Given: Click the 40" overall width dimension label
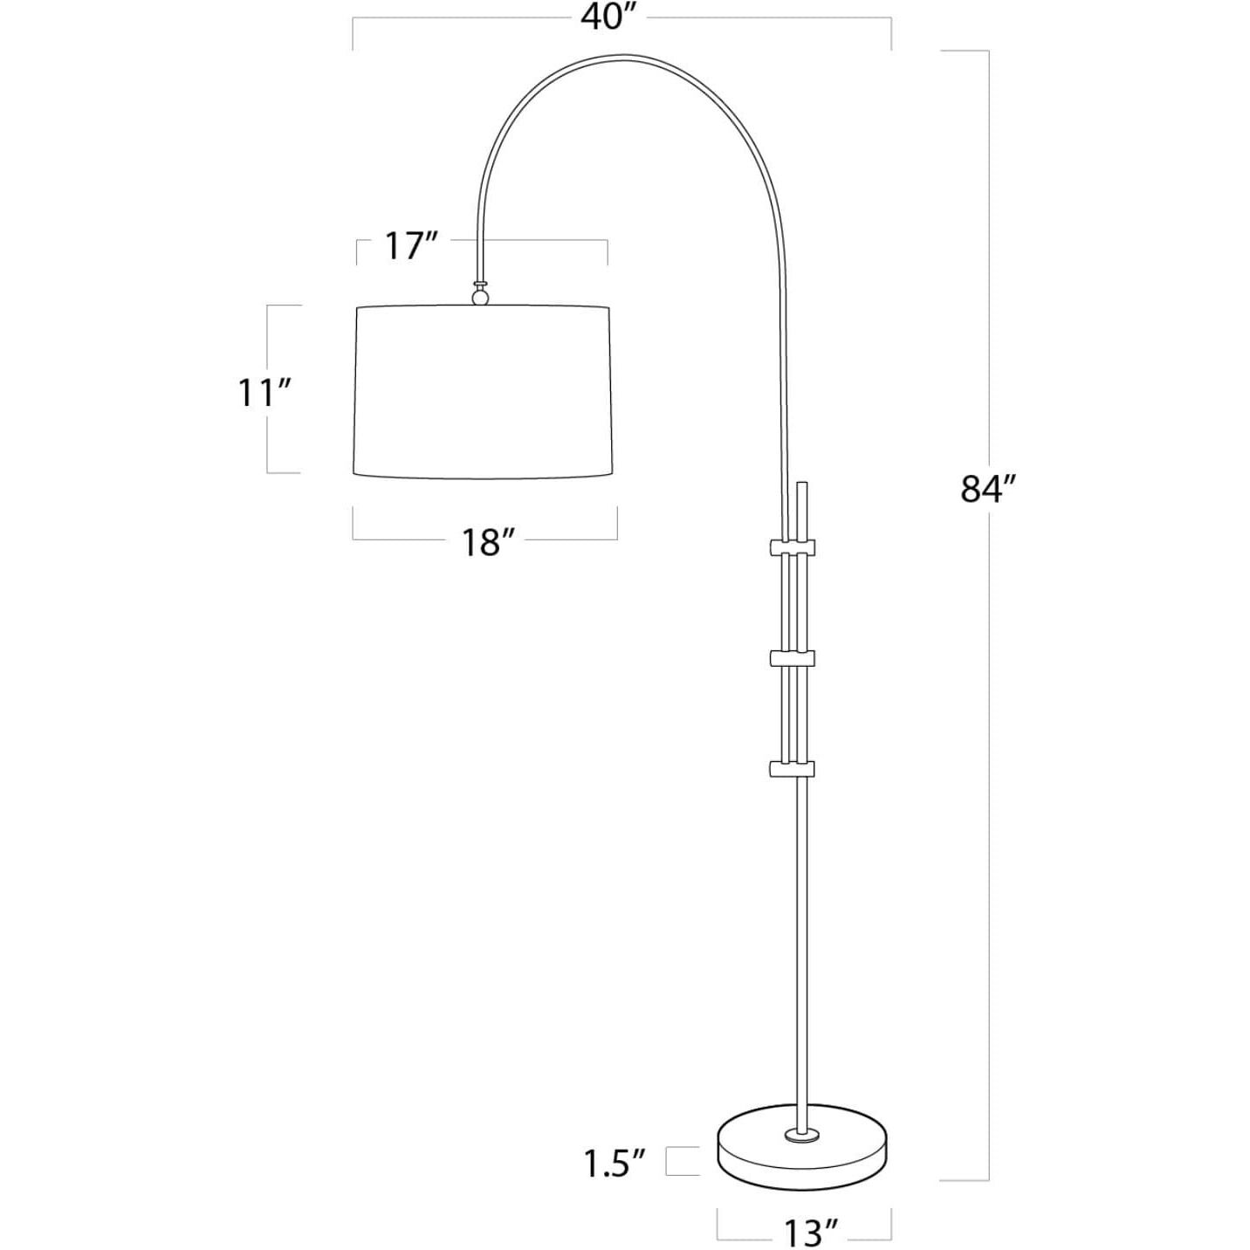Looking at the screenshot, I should click(607, 17).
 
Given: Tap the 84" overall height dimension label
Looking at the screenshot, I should click(989, 490).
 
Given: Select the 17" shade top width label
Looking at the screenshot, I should click(410, 247).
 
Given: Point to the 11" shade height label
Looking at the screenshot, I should click(264, 393).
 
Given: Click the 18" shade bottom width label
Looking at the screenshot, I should click(483, 543).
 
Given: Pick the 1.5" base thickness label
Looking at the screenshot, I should click(615, 1163).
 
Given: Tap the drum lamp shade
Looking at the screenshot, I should click(483, 393).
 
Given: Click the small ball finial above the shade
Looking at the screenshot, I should click(479, 298).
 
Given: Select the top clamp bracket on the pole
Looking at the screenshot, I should click(792, 547).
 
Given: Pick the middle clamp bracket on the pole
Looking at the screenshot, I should click(792, 657).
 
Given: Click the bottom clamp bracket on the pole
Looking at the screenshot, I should click(792, 768).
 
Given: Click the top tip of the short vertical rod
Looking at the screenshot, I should click(802, 483).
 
